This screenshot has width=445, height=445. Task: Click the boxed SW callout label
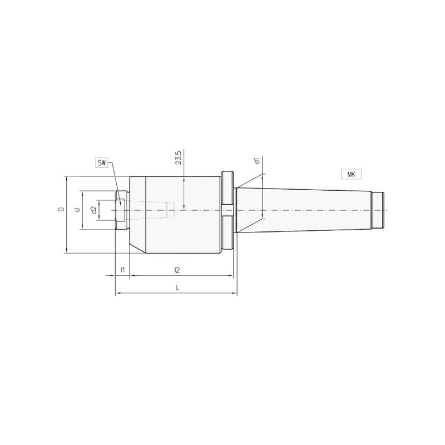point(102,163)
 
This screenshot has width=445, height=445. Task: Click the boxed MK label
point(352,174)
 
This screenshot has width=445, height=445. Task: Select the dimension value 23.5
point(178,158)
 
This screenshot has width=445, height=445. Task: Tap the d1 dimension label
point(257,161)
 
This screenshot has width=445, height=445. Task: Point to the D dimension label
point(61,210)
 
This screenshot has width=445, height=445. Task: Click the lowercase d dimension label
point(77,210)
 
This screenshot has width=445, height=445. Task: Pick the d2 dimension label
point(93,210)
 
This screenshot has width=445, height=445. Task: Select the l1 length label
point(122,270)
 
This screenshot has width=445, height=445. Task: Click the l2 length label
point(177,270)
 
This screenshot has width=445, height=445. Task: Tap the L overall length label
point(177,288)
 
